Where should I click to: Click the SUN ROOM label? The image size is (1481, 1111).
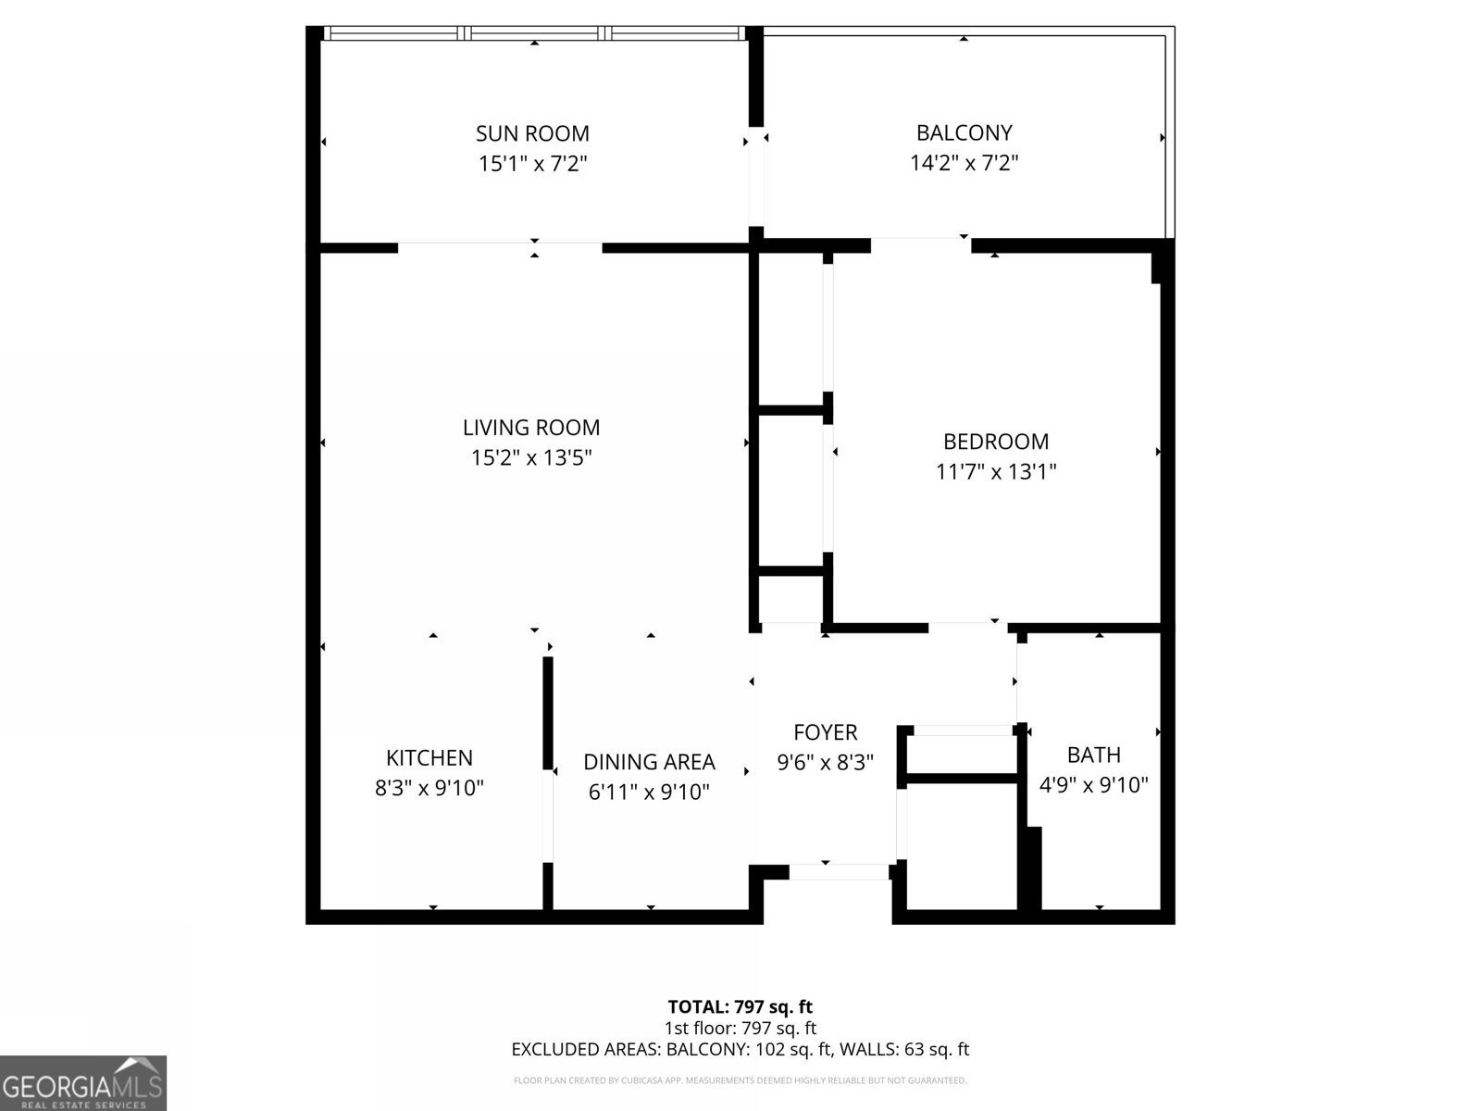pyautogui.click(x=532, y=133)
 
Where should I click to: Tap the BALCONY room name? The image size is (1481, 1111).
pyautogui.click(x=965, y=133)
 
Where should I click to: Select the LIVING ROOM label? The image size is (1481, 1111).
pyautogui.click(x=531, y=428)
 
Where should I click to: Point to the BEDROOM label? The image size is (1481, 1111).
pyautogui.click(x=996, y=442)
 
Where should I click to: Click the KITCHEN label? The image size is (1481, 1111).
pyautogui.click(x=429, y=758)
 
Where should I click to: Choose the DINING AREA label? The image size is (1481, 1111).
pyautogui.click(x=649, y=762)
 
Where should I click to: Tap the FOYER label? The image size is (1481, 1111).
pyautogui.click(x=825, y=732)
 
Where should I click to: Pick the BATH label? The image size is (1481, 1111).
pyautogui.click(x=1094, y=755)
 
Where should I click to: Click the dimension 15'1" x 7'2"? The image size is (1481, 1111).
pyautogui.click(x=533, y=164)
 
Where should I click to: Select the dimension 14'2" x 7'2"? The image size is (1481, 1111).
pyautogui.click(x=965, y=163)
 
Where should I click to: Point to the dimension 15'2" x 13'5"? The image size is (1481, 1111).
pyautogui.click(x=531, y=458)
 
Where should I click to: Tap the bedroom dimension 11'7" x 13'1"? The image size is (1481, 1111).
pyautogui.click(x=996, y=471)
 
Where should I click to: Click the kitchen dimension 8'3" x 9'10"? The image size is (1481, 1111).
pyautogui.click(x=429, y=788)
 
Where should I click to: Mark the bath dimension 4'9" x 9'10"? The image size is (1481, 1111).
pyautogui.click(x=1094, y=785)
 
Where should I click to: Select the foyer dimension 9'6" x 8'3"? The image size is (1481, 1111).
pyautogui.click(x=825, y=762)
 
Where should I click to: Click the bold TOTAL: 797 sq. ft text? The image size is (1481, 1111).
pyautogui.click(x=740, y=1007)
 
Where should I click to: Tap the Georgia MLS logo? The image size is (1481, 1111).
pyautogui.click(x=82, y=1083)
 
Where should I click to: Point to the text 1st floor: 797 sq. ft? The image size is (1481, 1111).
pyautogui.click(x=740, y=1028)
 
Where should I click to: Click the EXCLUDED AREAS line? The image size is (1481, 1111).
pyautogui.click(x=740, y=1050)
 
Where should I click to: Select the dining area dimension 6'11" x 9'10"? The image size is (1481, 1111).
pyautogui.click(x=649, y=792)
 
